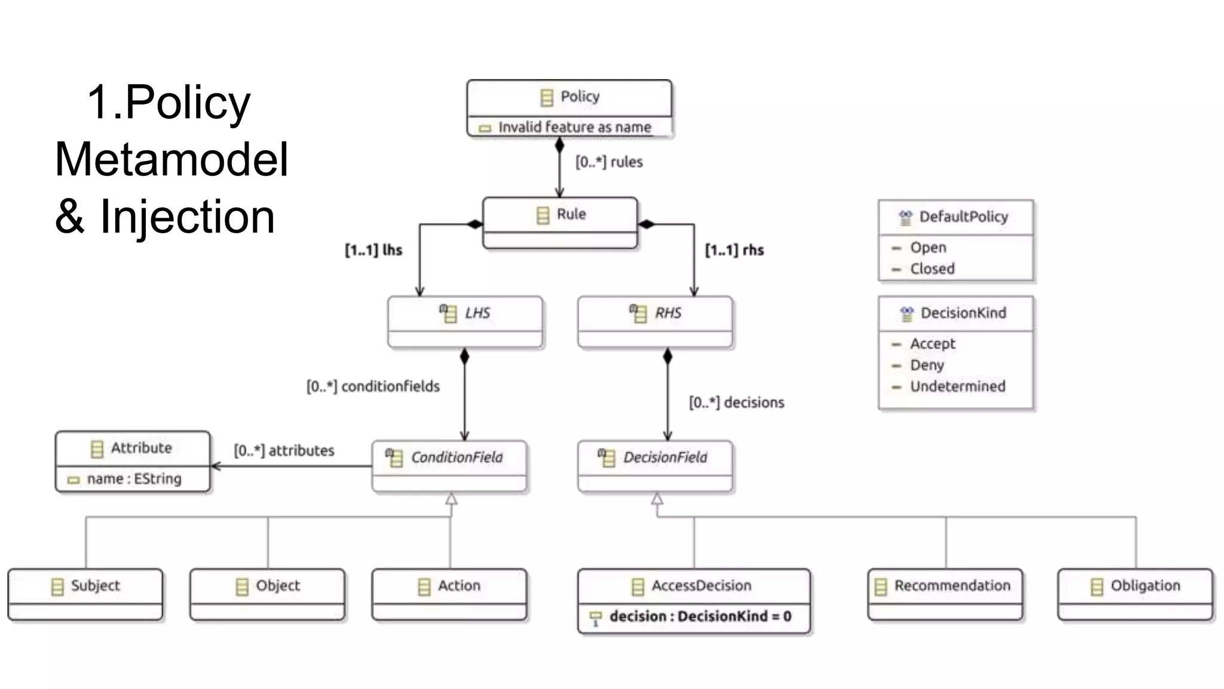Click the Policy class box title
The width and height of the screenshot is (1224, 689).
coord(579,97)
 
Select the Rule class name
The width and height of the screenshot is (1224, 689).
coord(571,214)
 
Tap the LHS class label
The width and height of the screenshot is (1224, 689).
coord(477,313)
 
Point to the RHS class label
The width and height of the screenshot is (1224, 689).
coord(667,313)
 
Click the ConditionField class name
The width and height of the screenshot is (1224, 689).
coord(457,458)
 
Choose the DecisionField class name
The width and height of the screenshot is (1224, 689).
coord(665,458)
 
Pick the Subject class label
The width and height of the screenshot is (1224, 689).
coord(95,586)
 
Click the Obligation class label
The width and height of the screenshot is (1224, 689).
coord(1145,586)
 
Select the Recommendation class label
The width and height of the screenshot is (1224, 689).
coord(952,586)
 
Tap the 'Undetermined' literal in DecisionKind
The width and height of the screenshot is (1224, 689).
coord(957,386)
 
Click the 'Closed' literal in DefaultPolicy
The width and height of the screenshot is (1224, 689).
coord(932,269)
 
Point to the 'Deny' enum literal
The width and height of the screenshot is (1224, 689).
coord(927,365)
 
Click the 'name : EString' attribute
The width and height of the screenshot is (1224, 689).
coord(134,479)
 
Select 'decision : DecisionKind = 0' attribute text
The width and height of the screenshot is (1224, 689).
coord(700,617)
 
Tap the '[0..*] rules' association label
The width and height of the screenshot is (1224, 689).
coord(609,162)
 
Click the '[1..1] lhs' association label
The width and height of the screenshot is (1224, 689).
coord(374,250)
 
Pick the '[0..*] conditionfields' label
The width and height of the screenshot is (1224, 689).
coord(373,386)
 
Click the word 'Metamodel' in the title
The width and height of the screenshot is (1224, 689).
coord(172,159)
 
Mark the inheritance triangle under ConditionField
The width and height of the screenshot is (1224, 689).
coord(451,499)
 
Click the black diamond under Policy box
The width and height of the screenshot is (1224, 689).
coord(559,145)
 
